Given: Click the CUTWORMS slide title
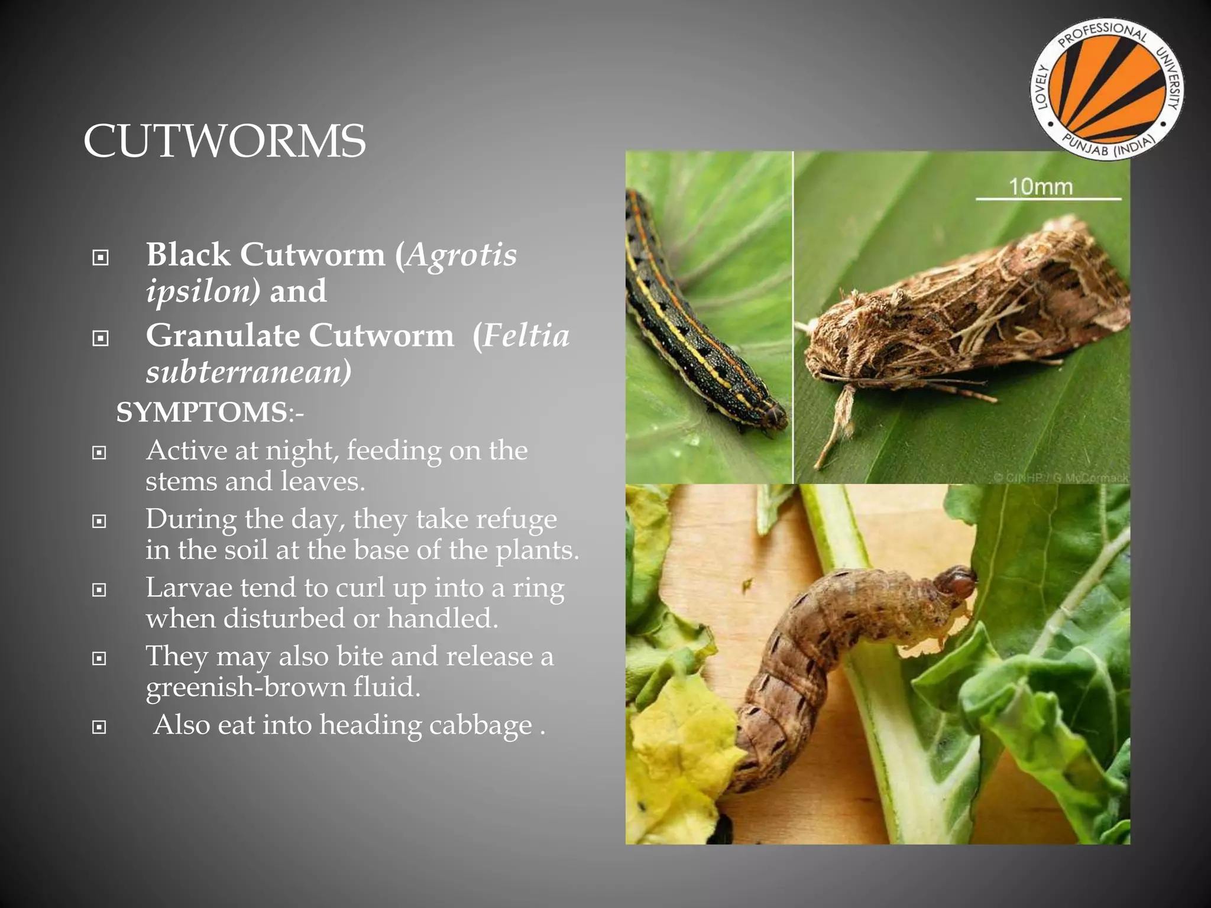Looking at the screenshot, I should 225,141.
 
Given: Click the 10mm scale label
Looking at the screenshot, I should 1040,187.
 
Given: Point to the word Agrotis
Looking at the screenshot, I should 461,255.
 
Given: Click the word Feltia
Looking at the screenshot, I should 526,336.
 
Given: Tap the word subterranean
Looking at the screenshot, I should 248,372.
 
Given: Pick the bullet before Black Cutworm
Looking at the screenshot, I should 101,257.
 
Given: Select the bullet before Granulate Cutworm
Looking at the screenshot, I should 101,338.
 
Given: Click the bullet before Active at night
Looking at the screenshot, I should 99,453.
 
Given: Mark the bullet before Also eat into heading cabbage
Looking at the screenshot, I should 99,727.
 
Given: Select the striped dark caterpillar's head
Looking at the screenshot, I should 773,414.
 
